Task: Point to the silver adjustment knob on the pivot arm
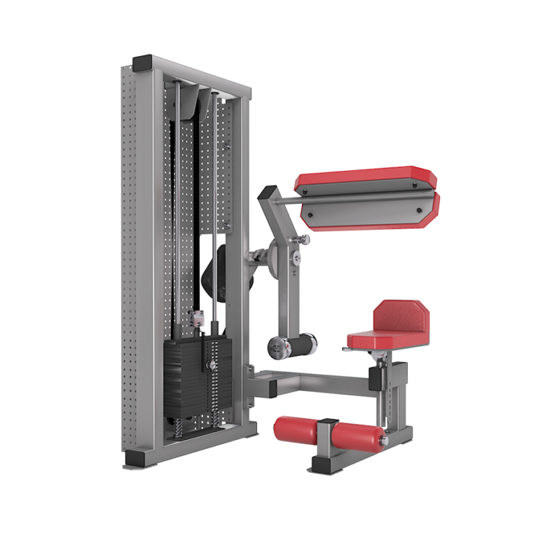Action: point(303,240)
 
